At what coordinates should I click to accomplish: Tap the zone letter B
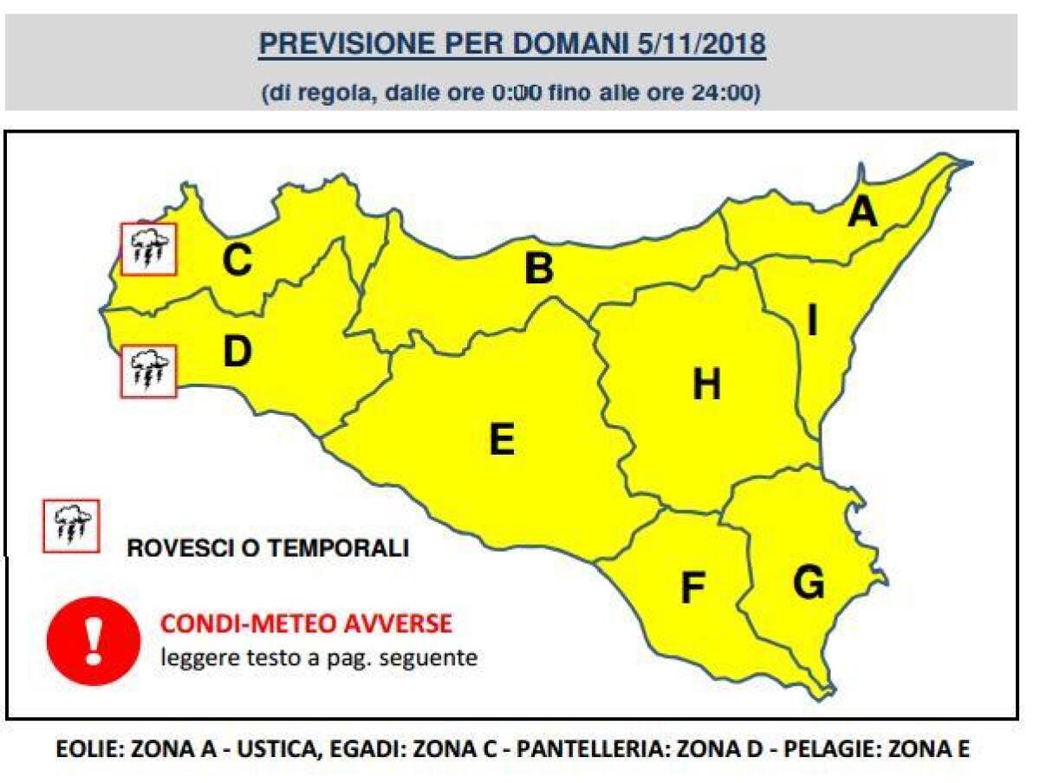point(538,269)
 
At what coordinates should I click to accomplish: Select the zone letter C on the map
point(237,260)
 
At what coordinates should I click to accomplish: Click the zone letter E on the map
point(501,440)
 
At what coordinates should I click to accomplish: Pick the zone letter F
point(691,589)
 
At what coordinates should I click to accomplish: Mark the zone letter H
point(706,385)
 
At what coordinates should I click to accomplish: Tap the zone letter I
point(812,322)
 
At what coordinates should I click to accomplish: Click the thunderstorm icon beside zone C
point(148,249)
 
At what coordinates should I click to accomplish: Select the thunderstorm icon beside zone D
point(148,371)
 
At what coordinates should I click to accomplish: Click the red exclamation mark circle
point(94,641)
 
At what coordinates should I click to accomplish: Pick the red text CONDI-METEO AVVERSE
point(306,624)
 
